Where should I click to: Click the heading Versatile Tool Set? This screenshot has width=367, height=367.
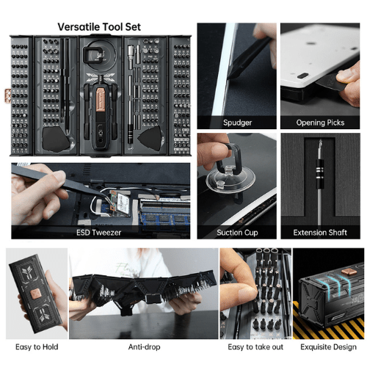(x=99, y=27)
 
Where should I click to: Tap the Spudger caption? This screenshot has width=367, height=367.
(x=237, y=123)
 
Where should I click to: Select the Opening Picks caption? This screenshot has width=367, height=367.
(x=320, y=123)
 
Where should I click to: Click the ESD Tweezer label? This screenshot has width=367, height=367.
(x=99, y=233)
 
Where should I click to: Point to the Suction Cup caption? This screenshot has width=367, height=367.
(x=237, y=233)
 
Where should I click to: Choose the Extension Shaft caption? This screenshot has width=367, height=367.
(x=320, y=233)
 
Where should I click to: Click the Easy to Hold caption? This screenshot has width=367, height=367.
(x=37, y=347)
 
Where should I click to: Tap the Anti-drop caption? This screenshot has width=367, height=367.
(x=144, y=347)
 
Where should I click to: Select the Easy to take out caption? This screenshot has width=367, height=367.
(x=255, y=347)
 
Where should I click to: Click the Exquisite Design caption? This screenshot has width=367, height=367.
(x=328, y=347)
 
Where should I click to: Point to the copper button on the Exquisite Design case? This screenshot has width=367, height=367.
(x=347, y=272)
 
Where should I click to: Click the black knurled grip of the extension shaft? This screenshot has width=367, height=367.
(x=319, y=174)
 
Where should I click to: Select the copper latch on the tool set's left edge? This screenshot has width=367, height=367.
(x=7, y=95)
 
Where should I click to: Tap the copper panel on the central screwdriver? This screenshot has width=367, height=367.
(x=101, y=100)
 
